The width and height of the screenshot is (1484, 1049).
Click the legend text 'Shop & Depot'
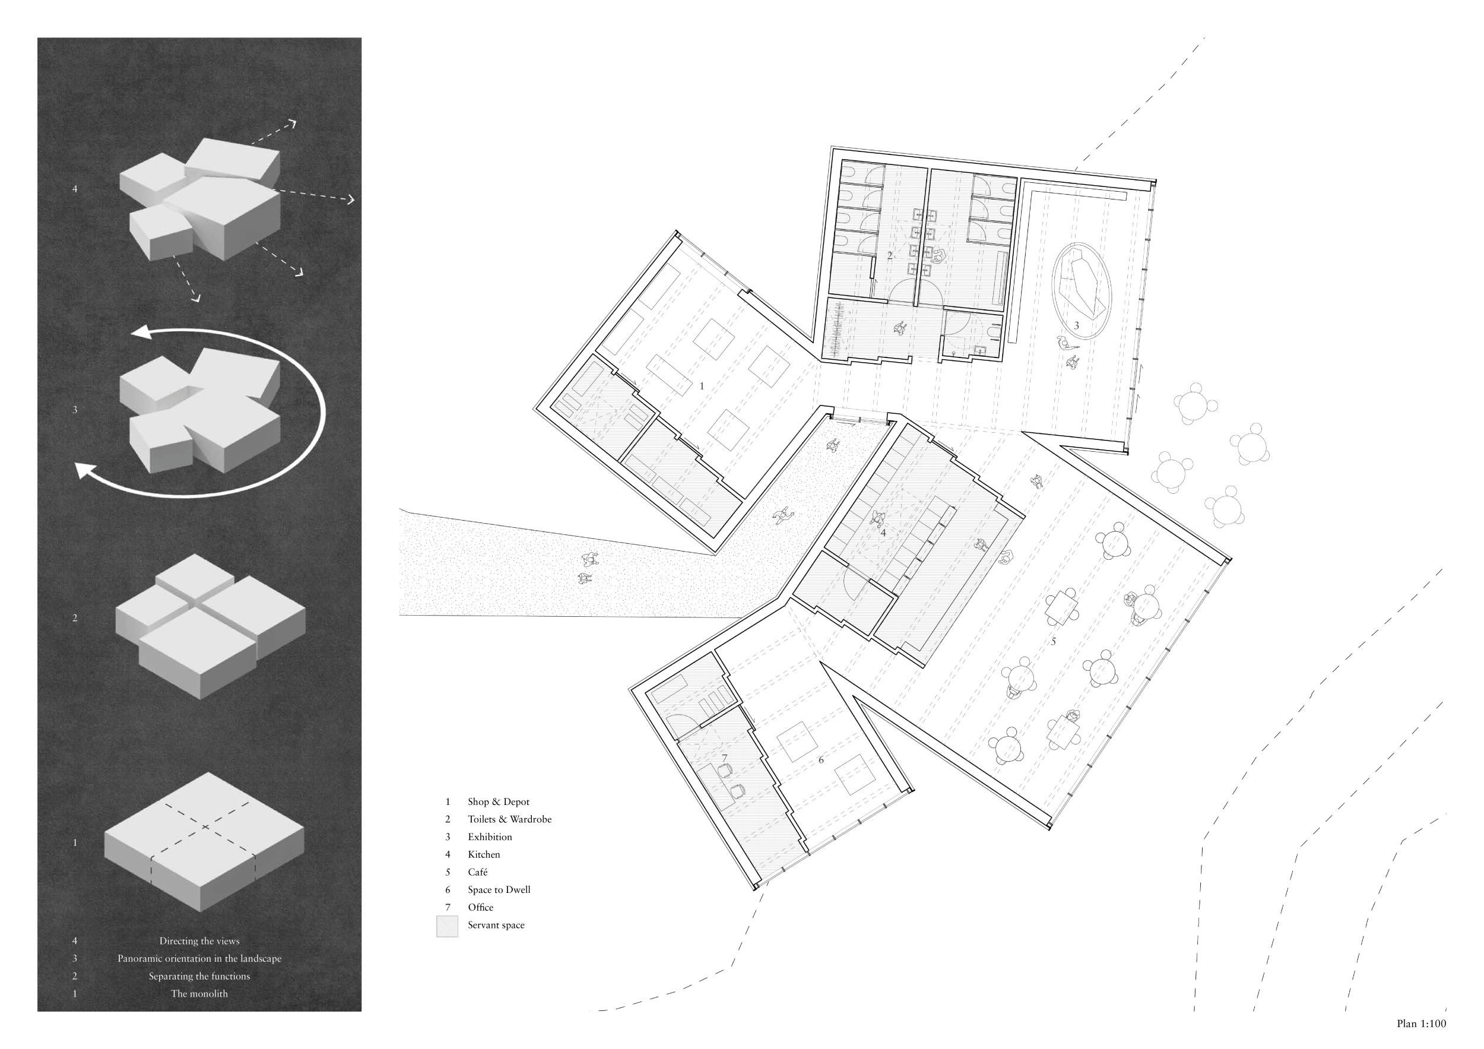click(x=499, y=802)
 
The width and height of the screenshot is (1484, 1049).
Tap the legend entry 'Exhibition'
click(x=490, y=837)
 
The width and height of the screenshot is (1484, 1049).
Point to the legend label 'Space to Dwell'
click(x=499, y=890)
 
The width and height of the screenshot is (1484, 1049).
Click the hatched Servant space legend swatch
click(x=447, y=926)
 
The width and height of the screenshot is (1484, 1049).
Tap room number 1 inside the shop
click(x=702, y=386)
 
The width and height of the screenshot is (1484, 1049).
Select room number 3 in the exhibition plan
click(x=1076, y=326)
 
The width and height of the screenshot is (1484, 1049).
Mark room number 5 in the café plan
click(x=1054, y=642)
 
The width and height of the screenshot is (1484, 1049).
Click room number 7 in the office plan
click(x=725, y=758)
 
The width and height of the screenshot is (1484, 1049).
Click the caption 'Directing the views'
click(x=199, y=941)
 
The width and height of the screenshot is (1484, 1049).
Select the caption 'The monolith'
click(x=199, y=994)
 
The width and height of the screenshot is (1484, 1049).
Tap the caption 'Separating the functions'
click(x=199, y=977)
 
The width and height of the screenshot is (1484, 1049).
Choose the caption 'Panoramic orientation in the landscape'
click(x=199, y=959)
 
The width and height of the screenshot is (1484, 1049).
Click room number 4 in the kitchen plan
click(x=883, y=533)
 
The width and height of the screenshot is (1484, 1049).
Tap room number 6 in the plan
click(x=821, y=760)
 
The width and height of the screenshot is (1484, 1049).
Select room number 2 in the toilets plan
click(x=889, y=256)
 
